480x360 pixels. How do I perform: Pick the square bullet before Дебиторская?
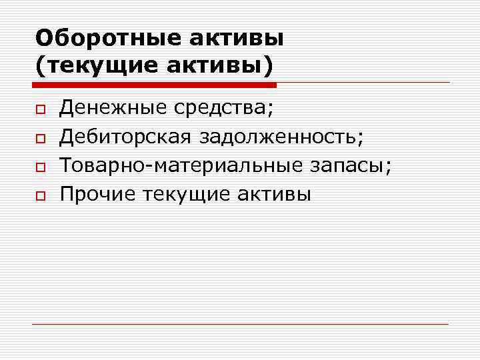(40, 138)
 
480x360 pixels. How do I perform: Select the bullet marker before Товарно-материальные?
(40, 167)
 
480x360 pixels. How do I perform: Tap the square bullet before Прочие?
(40, 196)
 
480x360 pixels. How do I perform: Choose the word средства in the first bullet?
(224, 107)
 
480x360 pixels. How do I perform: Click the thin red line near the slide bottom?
(240, 324)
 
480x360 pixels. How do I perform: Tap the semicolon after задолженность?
(361, 138)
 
